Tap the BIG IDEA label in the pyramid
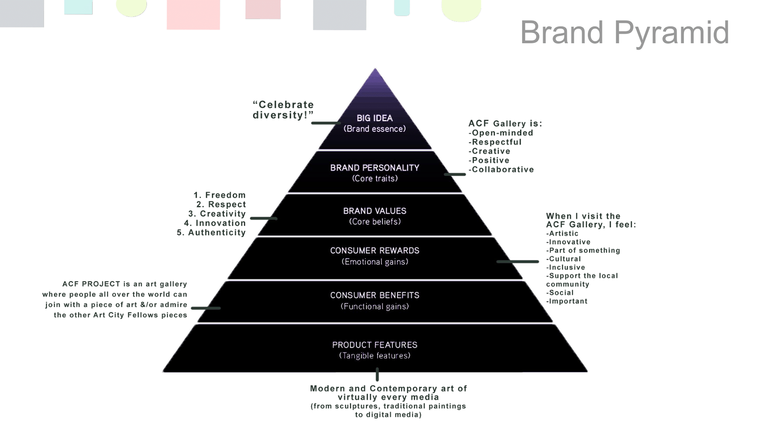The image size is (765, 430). pos(375,118)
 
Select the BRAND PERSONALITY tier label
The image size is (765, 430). pos(375,168)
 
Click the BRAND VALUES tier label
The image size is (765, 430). pos(375,211)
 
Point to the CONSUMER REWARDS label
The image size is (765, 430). pos(375,251)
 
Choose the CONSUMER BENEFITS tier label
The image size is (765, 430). pos(375,295)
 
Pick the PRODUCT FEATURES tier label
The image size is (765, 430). pos(375,345)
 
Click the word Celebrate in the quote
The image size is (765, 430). pos(286,105)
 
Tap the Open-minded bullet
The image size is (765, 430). pos(502,133)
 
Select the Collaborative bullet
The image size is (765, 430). pos(502,170)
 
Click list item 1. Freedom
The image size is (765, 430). pos(220,195)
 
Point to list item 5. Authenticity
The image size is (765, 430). pos(211,233)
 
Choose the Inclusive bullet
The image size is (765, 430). pos(566,268)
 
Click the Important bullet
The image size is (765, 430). pos(567,301)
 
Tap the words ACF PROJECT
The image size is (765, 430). pos(91,284)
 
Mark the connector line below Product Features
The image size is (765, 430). pos(377,375)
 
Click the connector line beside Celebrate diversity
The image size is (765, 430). pos(326,123)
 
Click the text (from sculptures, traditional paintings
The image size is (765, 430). pos(388,406)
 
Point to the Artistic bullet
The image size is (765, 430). pos(563,234)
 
